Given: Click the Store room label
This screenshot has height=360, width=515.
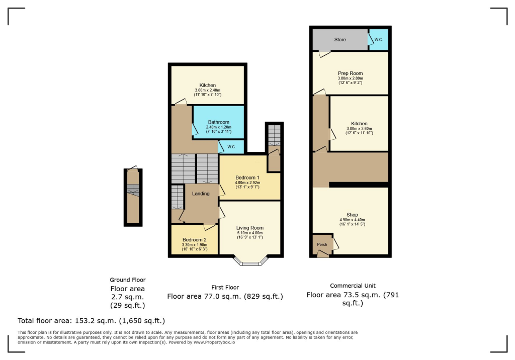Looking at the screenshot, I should [x=340, y=40].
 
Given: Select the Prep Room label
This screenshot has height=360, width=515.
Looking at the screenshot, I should [x=350, y=73].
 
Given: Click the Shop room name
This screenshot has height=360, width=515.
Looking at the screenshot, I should [x=352, y=215].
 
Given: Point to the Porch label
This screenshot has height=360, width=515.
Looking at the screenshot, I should [x=322, y=244].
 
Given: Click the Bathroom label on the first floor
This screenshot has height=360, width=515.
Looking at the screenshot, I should [x=219, y=122].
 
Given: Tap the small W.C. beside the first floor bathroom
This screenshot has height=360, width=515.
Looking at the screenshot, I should [x=232, y=147].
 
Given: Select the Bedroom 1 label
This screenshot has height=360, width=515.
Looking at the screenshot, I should [x=247, y=177].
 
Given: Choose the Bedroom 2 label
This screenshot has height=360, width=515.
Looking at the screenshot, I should [x=194, y=240].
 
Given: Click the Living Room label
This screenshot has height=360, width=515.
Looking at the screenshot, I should [x=250, y=228].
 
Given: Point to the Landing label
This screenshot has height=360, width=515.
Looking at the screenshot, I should [x=201, y=194].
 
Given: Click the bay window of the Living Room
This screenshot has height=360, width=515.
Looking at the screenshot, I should [x=250, y=261].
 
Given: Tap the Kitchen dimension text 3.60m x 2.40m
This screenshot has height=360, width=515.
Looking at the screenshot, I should [x=208, y=90].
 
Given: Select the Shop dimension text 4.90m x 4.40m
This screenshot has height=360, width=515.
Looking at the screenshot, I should [x=352, y=220].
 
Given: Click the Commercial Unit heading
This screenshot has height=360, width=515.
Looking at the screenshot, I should [x=353, y=286].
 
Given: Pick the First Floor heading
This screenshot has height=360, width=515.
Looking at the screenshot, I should [x=225, y=287].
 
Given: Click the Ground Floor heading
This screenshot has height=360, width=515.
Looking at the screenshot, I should [x=128, y=280].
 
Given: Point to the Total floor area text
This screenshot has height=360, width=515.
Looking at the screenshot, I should [x=91, y=320].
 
